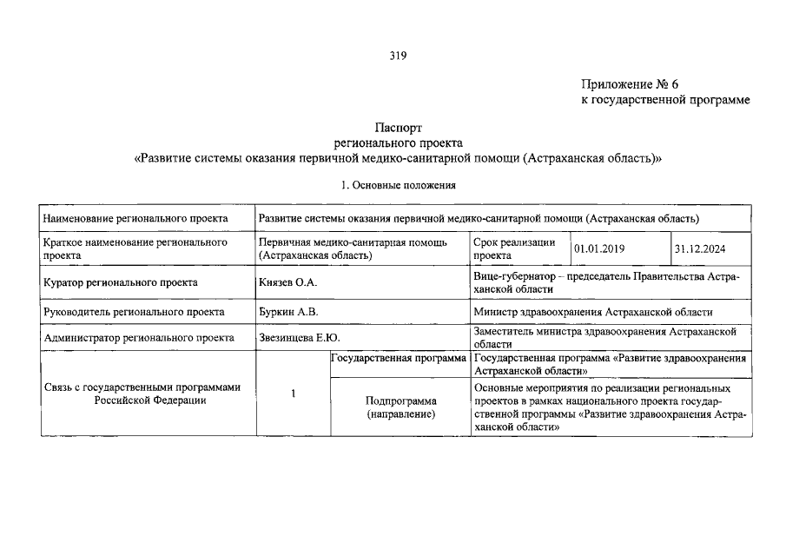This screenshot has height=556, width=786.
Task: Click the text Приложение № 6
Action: [629, 84]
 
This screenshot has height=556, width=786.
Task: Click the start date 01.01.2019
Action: [601, 249]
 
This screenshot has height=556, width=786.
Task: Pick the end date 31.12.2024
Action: [701, 249]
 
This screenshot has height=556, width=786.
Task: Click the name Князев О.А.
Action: [287, 282]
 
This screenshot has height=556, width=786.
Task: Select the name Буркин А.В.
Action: [287, 312]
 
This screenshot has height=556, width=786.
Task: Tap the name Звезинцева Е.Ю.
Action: [296, 338]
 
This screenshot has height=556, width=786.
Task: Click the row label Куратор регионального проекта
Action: [120, 282]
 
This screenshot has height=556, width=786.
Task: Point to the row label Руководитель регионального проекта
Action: [133, 312]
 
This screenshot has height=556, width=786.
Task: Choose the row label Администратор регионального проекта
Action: [138, 338]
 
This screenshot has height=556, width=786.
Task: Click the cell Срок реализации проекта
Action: [514, 249]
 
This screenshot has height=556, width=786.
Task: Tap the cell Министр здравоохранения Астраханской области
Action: [593, 312]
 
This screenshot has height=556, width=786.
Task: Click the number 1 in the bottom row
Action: [294, 394]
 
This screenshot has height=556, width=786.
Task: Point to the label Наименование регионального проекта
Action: [135, 218]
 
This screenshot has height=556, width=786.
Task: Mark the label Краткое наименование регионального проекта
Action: [135, 249]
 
